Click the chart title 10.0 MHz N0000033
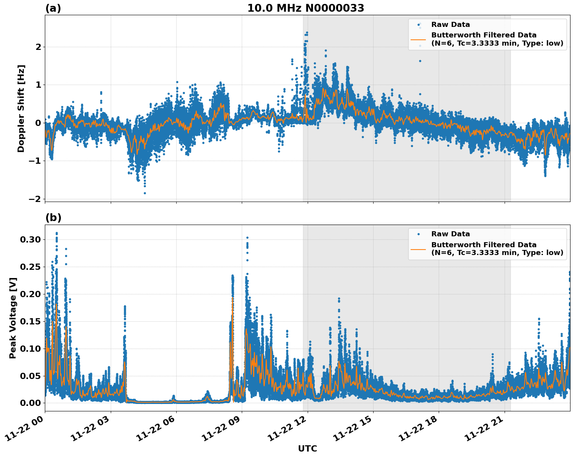click(x=306, y=8)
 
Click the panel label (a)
click(x=53, y=8)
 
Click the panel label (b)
click(x=53, y=218)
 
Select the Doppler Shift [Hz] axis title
click(x=21, y=108)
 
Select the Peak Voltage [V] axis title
click(x=13, y=318)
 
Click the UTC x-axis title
click(x=307, y=448)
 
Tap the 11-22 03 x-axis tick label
click(x=90, y=431)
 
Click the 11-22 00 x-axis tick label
click(x=24, y=431)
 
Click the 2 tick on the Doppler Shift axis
click(x=38, y=47)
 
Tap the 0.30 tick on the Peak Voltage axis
click(x=30, y=239)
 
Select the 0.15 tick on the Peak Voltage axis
click(x=30, y=321)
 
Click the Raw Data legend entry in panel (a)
click(x=450, y=25)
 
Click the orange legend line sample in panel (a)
click(x=418, y=39)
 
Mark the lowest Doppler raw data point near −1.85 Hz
click(x=145, y=193)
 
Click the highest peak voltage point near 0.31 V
click(x=57, y=233)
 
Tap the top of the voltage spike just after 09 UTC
click(x=247, y=237)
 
